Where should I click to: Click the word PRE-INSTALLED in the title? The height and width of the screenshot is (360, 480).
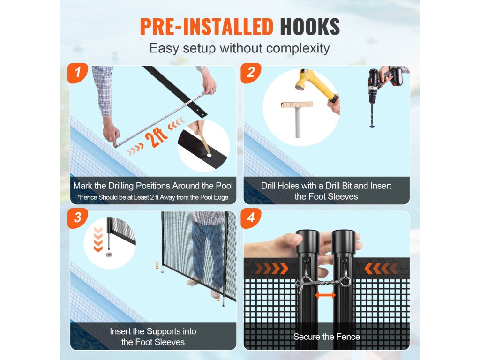pyautogui.click(x=206, y=27)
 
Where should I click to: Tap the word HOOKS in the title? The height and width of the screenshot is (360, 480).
pyautogui.click(x=310, y=27)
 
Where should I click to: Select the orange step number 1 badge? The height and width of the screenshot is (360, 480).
pyautogui.click(x=78, y=73)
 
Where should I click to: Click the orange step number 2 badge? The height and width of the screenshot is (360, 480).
pyautogui.click(x=251, y=73)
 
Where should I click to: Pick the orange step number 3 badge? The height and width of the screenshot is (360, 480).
pyautogui.click(x=78, y=218)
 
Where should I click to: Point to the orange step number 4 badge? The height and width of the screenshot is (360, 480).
pyautogui.click(x=251, y=218)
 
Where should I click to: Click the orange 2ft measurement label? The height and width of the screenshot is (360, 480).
pyautogui.click(x=157, y=137)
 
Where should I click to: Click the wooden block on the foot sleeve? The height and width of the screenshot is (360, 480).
pyautogui.click(x=297, y=105)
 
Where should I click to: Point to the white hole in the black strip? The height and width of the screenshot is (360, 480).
pyautogui.click(x=209, y=155)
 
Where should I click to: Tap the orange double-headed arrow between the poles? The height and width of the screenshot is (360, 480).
pyautogui.click(x=325, y=295)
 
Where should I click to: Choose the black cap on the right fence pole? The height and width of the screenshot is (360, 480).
pyautogui.click(x=344, y=242)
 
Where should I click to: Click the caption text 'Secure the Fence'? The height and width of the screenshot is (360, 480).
pyautogui.click(x=327, y=337)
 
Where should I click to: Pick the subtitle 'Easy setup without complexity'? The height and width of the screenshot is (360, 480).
pyautogui.click(x=240, y=48)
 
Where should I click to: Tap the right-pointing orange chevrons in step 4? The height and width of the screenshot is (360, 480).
pyautogui.click(x=271, y=269)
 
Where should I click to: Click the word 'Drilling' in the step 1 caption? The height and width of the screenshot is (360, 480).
pyautogui.click(x=121, y=186)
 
